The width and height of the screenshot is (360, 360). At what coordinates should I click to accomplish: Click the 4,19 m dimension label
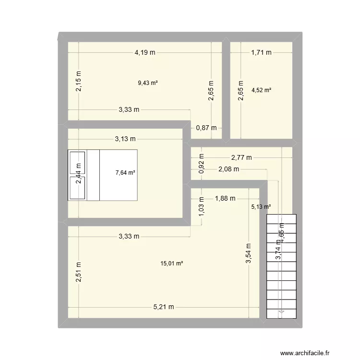(x=144, y=53)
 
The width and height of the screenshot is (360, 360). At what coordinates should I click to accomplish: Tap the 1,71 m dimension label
(x=261, y=53)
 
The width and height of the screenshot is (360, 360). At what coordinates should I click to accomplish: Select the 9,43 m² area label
(x=148, y=83)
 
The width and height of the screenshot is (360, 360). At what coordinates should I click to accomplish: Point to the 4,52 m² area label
(x=261, y=90)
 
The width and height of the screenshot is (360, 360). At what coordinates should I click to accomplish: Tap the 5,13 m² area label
(x=261, y=207)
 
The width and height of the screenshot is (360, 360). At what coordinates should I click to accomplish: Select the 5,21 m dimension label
(x=163, y=307)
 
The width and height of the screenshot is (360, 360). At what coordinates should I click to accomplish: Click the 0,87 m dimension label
(x=206, y=128)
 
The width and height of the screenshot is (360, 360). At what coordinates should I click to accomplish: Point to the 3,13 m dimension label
(x=125, y=139)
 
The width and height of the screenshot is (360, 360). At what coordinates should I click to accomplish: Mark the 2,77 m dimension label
(x=241, y=157)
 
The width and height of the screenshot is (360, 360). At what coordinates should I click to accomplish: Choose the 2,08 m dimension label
(x=228, y=169)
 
